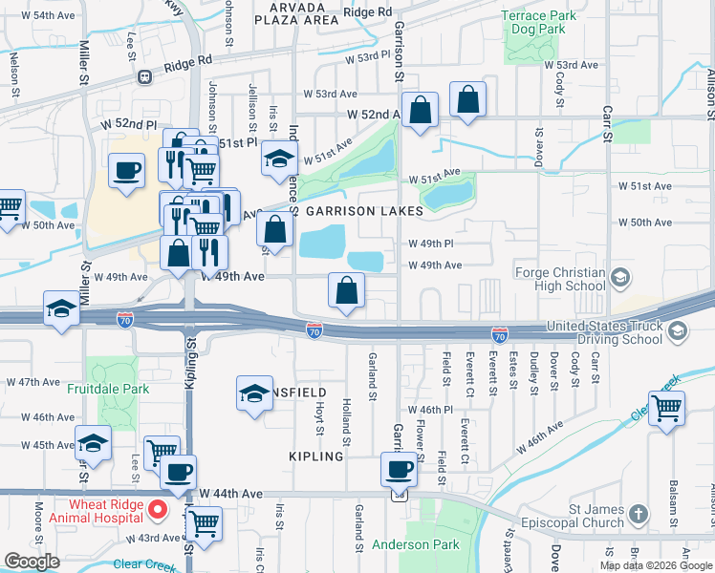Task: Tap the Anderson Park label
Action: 416,544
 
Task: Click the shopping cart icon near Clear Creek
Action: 666,406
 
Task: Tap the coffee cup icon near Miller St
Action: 126,171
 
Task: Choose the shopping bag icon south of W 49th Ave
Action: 347,290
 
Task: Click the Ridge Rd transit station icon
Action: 145,76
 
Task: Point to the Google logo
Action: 32,562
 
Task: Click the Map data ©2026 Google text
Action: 655,565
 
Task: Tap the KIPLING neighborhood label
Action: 315,456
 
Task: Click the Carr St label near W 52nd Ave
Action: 607,124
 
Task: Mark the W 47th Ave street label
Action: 33,381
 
